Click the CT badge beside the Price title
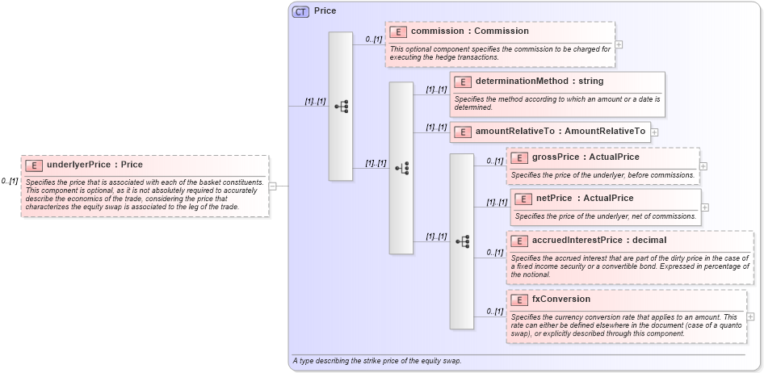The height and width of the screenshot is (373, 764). tap(300, 11)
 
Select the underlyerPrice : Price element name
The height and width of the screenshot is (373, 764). tap(94, 165)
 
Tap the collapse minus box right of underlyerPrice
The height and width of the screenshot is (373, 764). tap(272, 186)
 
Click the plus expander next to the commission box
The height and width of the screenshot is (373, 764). tap(619, 45)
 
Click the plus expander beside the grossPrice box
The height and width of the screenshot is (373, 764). tap(703, 166)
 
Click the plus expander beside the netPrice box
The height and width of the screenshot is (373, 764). tap(704, 207)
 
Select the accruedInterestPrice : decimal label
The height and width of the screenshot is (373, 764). tap(599, 241)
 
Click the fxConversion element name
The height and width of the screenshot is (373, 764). tap(560, 300)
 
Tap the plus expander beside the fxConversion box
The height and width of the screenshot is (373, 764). tap(751, 317)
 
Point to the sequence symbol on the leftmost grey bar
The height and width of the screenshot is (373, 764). tap(341, 107)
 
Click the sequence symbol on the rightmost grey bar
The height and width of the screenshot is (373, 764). tap(462, 241)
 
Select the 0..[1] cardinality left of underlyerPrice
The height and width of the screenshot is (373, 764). tap(10, 182)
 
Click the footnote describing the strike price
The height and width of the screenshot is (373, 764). tap(376, 361)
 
